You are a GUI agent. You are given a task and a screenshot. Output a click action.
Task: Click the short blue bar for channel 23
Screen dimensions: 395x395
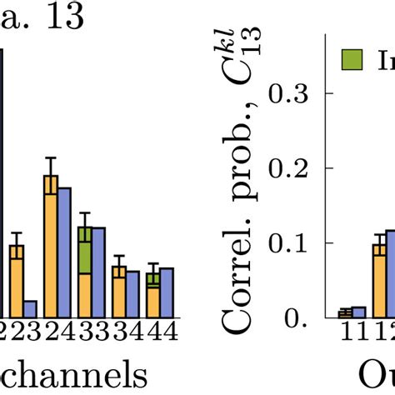coord(30,308)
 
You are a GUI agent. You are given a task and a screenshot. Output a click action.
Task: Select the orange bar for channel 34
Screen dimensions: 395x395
coord(119,292)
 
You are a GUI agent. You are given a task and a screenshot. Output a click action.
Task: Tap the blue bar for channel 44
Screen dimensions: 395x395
coord(166,292)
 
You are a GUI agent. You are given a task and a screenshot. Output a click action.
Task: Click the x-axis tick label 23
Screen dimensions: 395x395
coord(23,331)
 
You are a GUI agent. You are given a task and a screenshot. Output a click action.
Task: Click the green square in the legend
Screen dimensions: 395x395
coord(351,59)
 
